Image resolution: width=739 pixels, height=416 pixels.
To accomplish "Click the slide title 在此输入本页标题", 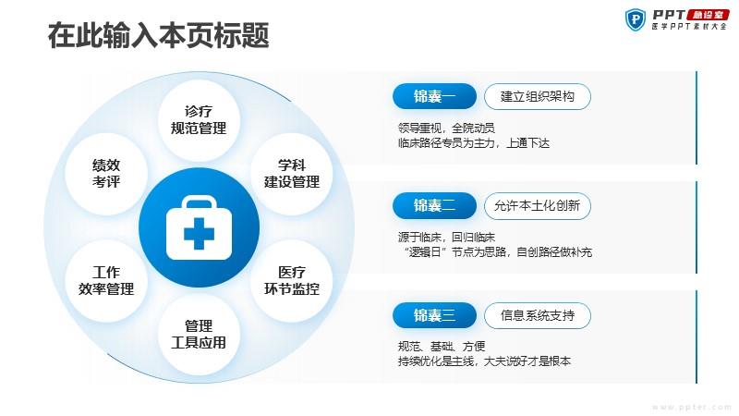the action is click(158, 35).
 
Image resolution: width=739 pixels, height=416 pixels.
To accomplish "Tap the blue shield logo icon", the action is click(636, 19).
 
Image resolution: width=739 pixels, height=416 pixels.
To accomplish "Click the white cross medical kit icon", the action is click(199, 227).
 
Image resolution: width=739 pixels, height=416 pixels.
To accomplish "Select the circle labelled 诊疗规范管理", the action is click(199, 120).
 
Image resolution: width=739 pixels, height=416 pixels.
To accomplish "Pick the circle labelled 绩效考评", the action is click(106, 174).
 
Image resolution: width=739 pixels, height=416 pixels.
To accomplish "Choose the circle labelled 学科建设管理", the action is click(291, 174).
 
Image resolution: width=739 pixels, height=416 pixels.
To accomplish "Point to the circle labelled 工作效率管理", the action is click(106, 281).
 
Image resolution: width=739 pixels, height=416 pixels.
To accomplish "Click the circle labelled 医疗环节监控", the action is click(291, 281).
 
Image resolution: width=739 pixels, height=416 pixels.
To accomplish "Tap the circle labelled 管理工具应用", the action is click(199, 335).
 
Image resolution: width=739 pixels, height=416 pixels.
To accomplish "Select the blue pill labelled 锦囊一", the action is click(434, 96).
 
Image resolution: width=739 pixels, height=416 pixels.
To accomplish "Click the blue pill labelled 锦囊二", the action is click(434, 205).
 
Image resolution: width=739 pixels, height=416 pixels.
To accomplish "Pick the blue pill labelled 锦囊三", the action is click(434, 315).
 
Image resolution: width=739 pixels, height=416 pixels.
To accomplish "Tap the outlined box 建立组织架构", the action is click(538, 97).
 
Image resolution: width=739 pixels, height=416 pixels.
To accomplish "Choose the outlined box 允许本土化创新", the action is click(538, 205).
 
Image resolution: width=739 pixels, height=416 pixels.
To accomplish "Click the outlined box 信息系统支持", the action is click(538, 315).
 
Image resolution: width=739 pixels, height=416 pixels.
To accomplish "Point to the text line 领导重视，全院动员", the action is click(446, 128).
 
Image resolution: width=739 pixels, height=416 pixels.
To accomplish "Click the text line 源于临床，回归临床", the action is click(446, 238).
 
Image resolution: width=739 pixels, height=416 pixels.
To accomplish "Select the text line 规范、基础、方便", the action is click(442, 347).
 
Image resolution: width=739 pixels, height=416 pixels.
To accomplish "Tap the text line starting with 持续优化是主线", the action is click(484, 361).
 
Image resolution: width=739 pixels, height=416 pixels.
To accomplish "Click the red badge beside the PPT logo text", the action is click(708, 14).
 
